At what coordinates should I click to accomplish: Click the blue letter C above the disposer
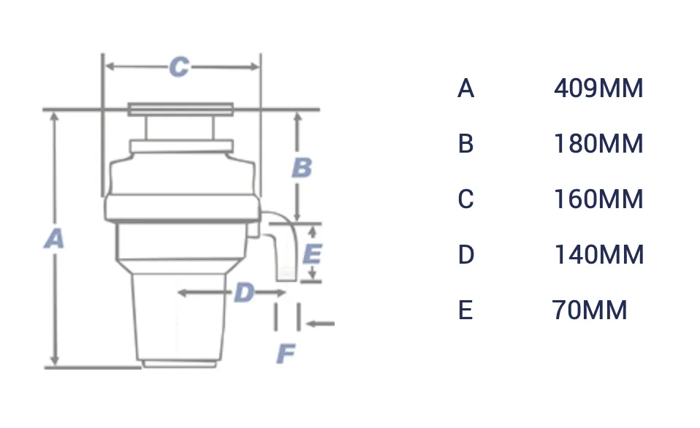pos(180,67)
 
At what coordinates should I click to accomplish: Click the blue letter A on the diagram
pos(55,239)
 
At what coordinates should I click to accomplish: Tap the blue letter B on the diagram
pos(302,168)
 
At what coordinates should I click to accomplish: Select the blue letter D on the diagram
pos(244,293)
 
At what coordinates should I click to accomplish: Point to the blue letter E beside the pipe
pos(312,254)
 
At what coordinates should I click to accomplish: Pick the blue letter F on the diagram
pos(286,354)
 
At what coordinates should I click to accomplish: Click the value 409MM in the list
pos(598,88)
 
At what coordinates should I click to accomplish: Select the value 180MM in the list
pos(598,144)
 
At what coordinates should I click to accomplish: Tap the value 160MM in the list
pos(598,199)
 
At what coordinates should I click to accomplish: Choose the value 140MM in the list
pos(599,255)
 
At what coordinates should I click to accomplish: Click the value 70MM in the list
pos(590,310)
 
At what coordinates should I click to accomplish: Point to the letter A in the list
pos(465,88)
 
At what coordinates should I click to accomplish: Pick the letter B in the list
pos(465,144)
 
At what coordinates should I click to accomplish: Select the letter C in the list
pos(465,199)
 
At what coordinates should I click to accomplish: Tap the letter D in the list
pos(466,255)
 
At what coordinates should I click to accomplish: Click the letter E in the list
pos(465,310)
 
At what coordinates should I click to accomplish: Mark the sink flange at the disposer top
pos(180,109)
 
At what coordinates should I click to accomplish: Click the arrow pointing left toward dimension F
pos(320,324)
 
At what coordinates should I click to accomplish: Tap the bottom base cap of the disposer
pos(179,364)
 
